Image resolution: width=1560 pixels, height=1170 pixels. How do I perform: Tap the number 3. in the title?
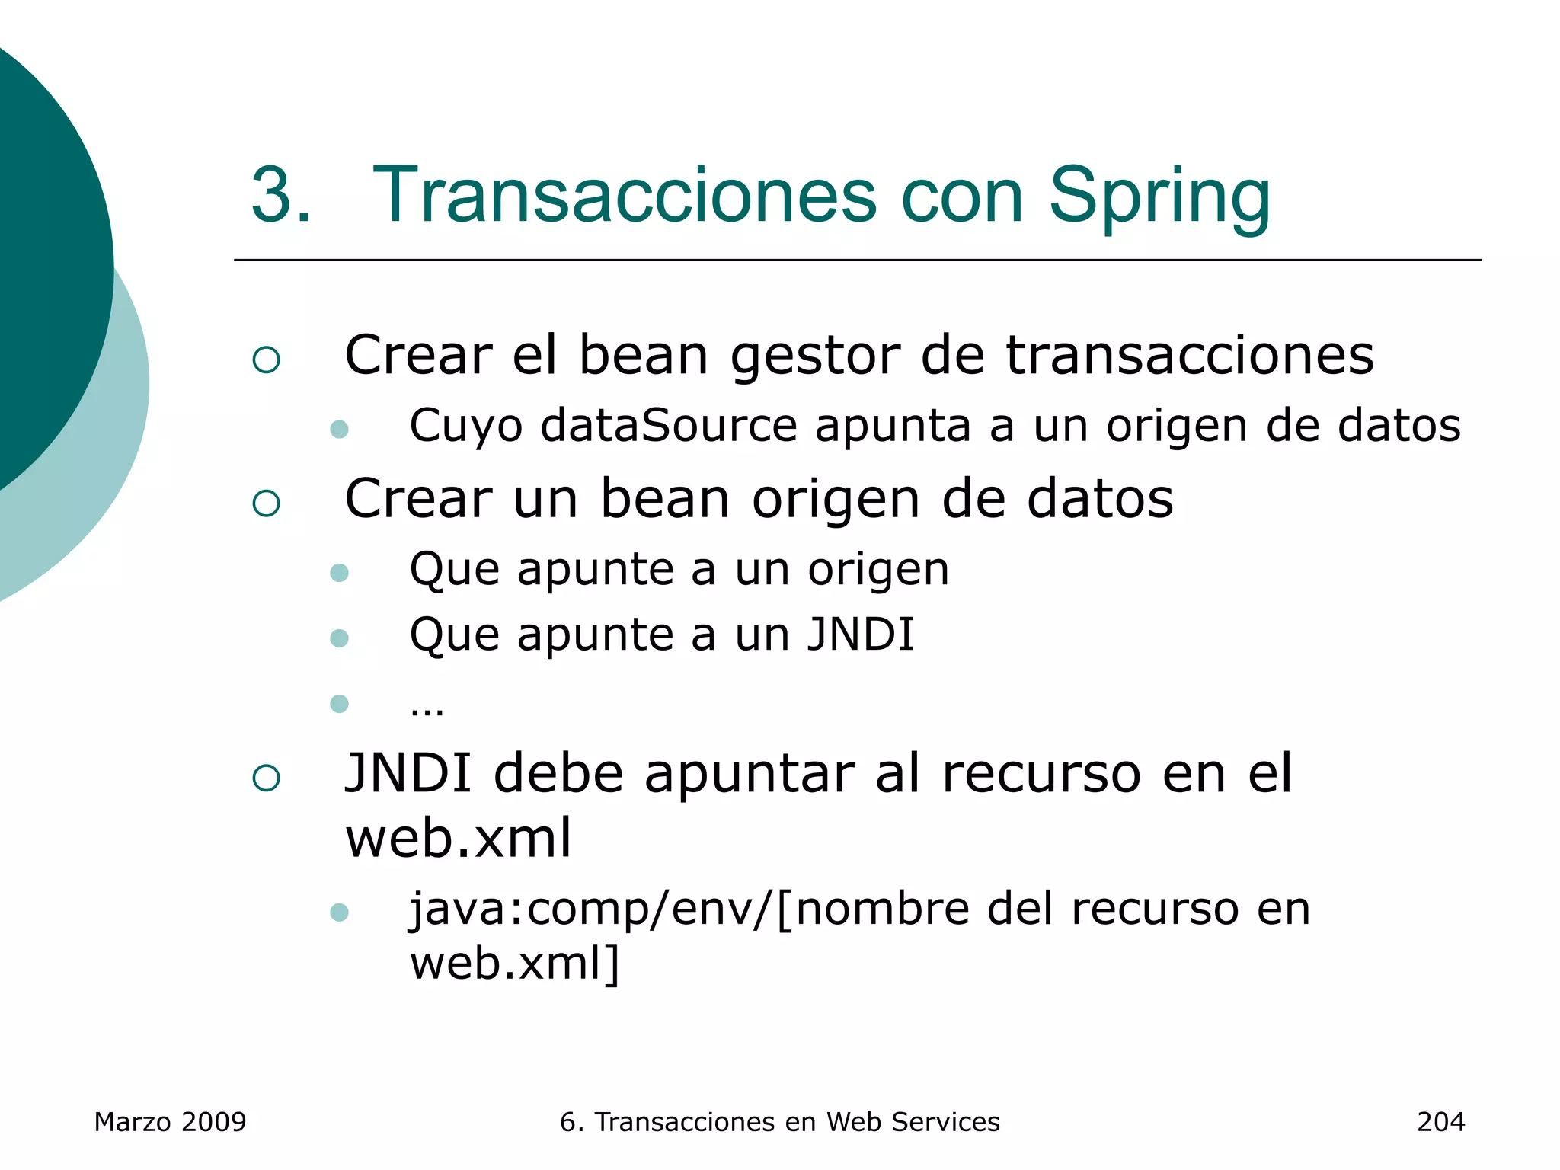click(281, 197)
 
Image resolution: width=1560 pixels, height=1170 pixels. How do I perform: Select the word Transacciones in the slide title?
click(625, 197)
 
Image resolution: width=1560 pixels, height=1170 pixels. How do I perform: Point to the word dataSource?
click(669, 425)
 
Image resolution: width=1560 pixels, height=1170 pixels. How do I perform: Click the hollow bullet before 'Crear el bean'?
click(267, 360)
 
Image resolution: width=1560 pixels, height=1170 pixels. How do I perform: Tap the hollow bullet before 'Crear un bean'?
click(267, 503)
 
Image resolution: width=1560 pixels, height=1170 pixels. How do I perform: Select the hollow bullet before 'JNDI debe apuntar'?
click(267, 778)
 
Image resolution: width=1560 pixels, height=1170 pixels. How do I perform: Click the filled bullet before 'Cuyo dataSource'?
click(340, 429)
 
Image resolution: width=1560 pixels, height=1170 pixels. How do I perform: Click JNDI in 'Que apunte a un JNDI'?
click(861, 635)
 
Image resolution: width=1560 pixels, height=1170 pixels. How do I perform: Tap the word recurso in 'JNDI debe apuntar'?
click(1042, 774)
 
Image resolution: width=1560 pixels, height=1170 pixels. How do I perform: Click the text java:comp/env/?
click(592, 909)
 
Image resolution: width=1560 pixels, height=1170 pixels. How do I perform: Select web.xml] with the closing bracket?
click(515, 964)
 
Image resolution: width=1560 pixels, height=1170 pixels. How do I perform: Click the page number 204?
click(1440, 1122)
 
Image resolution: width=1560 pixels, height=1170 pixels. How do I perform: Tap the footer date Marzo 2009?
click(171, 1122)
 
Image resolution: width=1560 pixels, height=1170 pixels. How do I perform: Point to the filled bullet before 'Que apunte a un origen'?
click(340, 572)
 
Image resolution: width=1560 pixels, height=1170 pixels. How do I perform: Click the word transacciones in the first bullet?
click(1190, 356)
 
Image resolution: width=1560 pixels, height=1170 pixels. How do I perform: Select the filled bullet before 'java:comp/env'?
click(340, 912)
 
